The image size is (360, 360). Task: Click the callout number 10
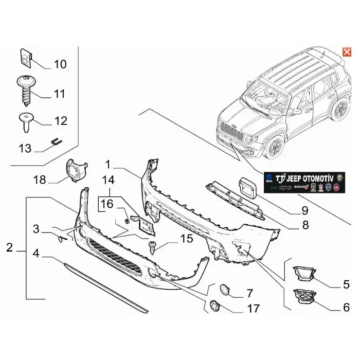click(60, 64)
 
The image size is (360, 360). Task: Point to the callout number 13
click(25, 149)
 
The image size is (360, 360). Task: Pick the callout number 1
click(108, 165)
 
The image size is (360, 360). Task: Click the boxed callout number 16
click(106, 204)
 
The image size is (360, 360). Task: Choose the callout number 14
click(108, 181)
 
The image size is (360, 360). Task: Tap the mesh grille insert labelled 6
click(303, 299)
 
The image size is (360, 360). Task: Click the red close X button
click(347, 52)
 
